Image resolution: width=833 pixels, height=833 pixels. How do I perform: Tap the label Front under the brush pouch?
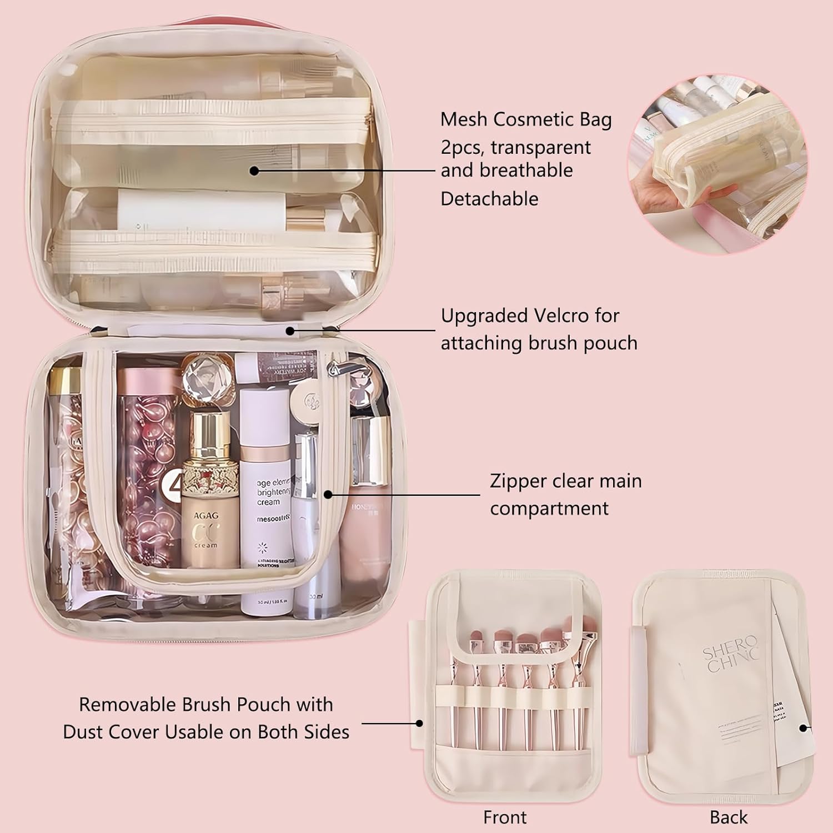pos(504,817)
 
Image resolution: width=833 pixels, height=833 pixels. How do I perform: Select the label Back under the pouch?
pos(728,817)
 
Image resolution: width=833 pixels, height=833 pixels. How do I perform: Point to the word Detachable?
pos(489,198)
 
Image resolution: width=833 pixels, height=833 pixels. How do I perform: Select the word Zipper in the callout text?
pos(520,481)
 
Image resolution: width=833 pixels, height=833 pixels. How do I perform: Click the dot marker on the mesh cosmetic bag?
pos(254,170)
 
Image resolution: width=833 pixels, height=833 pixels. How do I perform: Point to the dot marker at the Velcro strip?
pos(290,331)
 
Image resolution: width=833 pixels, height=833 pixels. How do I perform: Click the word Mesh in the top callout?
pos(464,119)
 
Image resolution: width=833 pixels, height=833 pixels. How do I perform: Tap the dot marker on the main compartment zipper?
pos(328,494)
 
